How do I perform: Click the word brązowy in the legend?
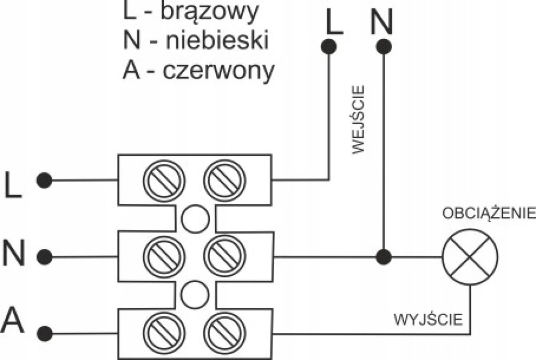point(209,12)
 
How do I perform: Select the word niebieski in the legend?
point(217,39)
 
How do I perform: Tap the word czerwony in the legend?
point(219,71)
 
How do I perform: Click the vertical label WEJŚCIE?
point(358,119)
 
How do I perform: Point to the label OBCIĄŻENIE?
point(489,213)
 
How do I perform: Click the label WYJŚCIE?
point(428,319)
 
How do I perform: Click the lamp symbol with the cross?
point(470,257)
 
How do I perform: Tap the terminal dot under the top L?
point(329,46)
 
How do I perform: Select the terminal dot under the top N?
point(383,46)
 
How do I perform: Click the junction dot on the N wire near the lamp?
point(383,257)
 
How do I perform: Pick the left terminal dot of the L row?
point(44,180)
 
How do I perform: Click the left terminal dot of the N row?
point(44,257)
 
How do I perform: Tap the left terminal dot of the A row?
point(44,333)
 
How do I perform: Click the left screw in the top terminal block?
point(164,180)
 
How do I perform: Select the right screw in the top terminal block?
point(225,180)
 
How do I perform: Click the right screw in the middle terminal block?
point(225,256)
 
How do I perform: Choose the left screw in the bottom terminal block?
point(164,333)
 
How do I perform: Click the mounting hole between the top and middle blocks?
point(195,219)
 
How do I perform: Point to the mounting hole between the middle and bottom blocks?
point(195,295)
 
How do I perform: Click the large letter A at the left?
point(13,320)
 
